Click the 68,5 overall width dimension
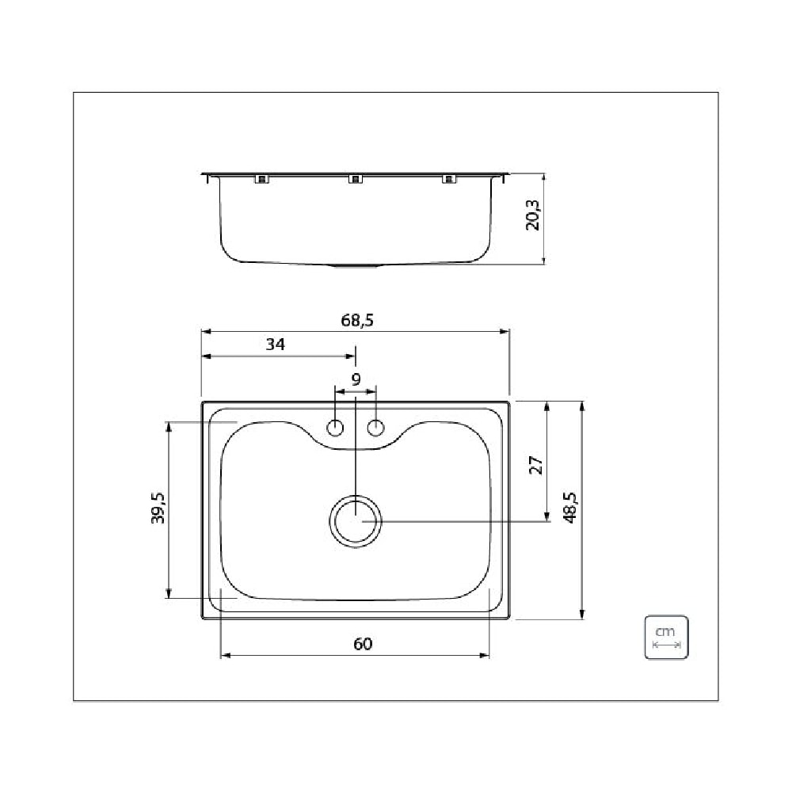coord(356,321)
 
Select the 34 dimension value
coord(275,345)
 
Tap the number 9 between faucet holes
coord(356,379)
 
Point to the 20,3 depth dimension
coord(533,215)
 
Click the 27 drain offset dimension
coord(535,465)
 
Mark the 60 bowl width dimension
coord(362,644)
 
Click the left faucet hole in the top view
coord(336,428)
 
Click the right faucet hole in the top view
coord(375,428)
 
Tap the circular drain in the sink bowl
coord(356,521)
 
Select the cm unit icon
coord(665,638)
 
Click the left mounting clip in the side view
coord(261,179)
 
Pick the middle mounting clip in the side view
coord(356,179)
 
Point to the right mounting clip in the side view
coord(450,179)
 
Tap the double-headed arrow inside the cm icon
coord(665,645)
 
